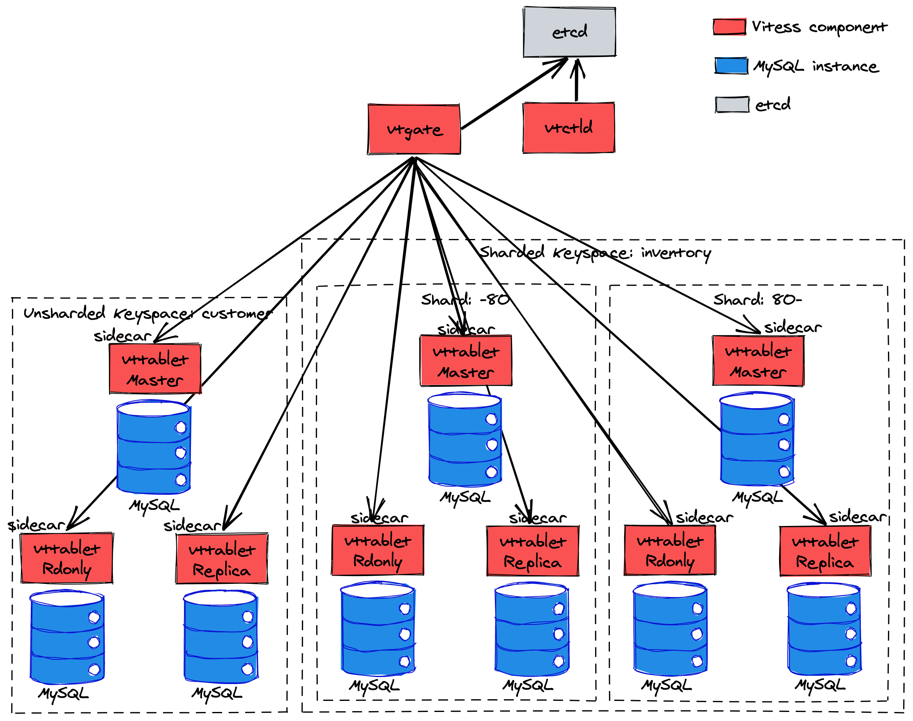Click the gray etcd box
(x=569, y=32)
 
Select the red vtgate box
(x=414, y=129)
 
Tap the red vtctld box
(x=568, y=127)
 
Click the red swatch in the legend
(x=729, y=27)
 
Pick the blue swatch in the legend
(x=731, y=65)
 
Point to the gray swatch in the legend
(x=731, y=104)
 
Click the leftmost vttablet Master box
(x=154, y=369)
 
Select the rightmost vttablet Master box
(x=758, y=360)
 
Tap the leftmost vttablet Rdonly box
(x=67, y=558)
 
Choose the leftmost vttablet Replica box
(x=221, y=559)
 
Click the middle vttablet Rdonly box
(x=377, y=550)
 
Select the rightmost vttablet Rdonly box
(x=669, y=550)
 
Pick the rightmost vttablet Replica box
(x=825, y=551)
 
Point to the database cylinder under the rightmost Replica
(x=823, y=629)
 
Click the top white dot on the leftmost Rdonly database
(x=94, y=617)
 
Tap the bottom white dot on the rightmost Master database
(x=784, y=471)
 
